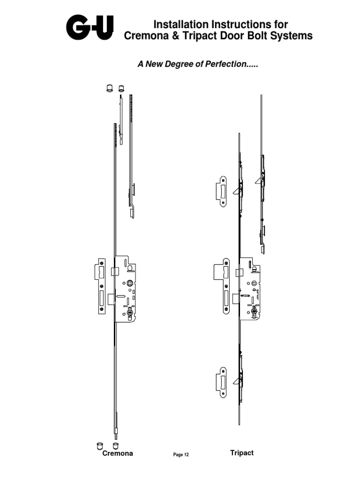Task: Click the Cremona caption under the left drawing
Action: (118, 453)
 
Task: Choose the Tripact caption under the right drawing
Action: (242, 452)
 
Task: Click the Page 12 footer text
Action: (181, 455)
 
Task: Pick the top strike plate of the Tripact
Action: (221, 191)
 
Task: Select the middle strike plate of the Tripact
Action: (221, 285)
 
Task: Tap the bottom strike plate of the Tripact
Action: (221, 382)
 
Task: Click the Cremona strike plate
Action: (101, 286)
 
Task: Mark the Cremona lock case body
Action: (126, 289)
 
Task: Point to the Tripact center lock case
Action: (250, 289)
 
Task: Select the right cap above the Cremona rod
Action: (121, 88)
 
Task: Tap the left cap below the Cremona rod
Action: (99, 444)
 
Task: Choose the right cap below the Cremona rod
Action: (115, 444)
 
